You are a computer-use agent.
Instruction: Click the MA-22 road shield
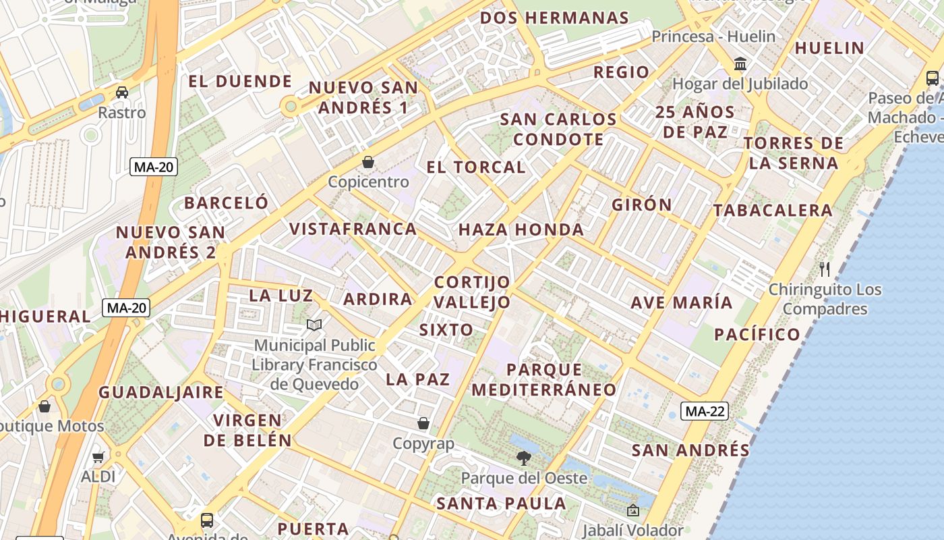[704, 410]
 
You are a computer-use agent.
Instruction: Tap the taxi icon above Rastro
[121, 92]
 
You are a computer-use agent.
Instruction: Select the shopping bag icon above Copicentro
[368, 162]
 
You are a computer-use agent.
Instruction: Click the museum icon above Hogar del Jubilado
[740, 64]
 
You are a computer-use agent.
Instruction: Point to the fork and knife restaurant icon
[824, 269]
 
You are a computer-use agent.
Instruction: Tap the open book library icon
[314, 325]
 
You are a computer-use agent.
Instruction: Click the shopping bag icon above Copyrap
[423, 423]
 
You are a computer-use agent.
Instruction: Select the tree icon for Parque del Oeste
[523, 459]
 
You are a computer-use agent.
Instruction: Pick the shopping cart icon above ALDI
[98, 457]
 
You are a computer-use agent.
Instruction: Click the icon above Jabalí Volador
[632, 511]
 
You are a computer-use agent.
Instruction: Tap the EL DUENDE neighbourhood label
[240, 82]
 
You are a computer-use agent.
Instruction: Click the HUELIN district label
[829, 48]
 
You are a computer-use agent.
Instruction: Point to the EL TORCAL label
[476, 167]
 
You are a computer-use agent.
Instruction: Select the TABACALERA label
[773, 210]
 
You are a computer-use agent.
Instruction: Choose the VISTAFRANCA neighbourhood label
[353, 229]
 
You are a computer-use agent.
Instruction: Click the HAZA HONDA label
[521, 230]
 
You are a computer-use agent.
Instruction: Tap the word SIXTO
[446, 330]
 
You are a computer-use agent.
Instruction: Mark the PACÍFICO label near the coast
[757, 334]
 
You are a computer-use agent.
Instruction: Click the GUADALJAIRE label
[161, 392]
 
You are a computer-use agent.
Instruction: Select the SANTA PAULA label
[501, 503]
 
